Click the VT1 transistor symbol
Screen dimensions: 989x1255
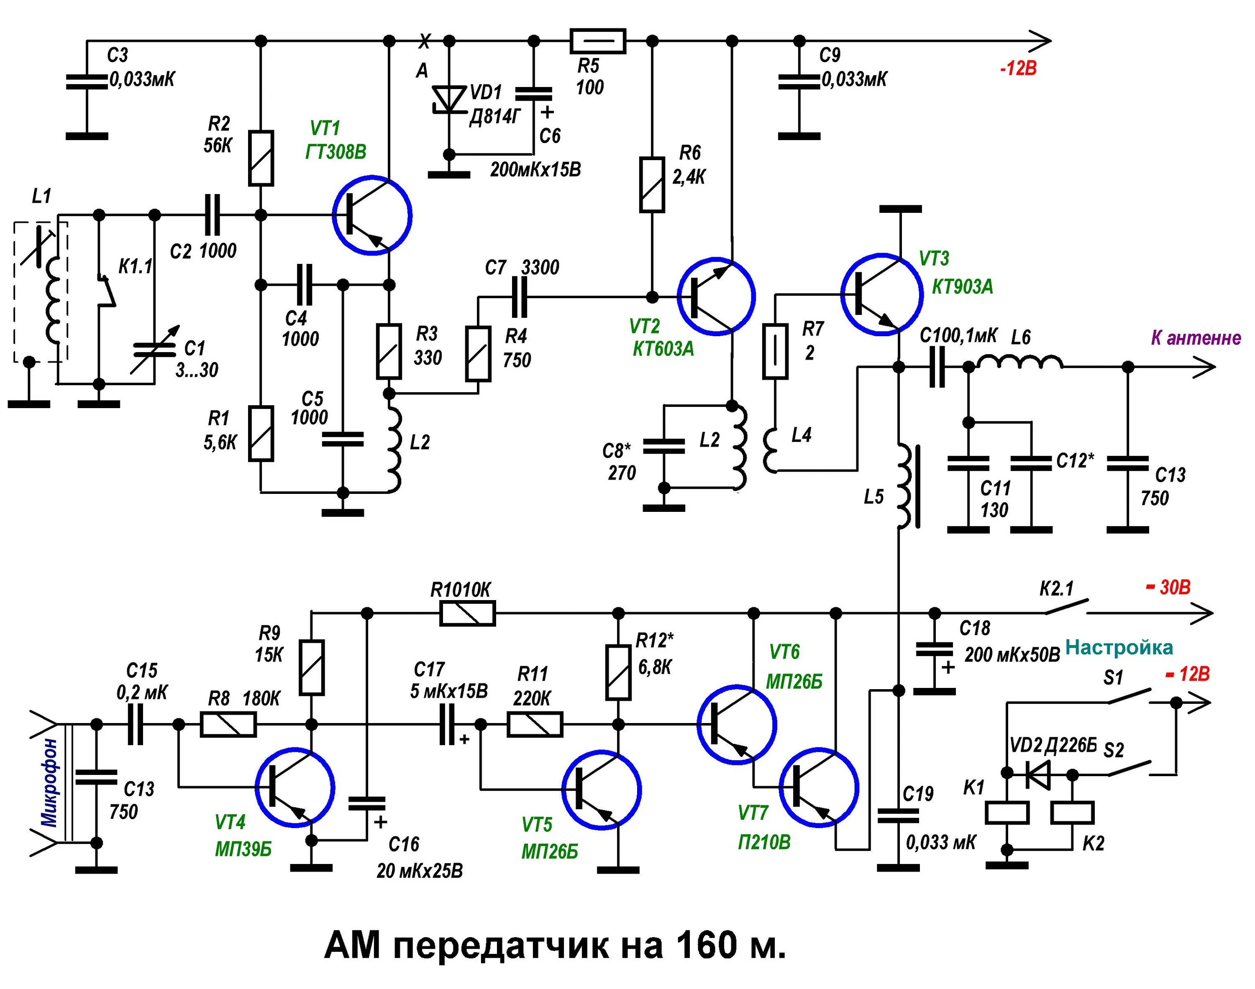coord(372,215)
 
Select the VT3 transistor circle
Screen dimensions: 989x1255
coord(881,294)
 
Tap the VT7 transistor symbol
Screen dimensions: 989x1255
coord(818,787)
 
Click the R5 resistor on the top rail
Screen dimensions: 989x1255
coord(598,41)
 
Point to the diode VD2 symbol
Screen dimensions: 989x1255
coord(1038,774)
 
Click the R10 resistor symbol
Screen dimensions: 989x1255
coord(467,613)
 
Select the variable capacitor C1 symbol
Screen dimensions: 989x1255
coord(154,349)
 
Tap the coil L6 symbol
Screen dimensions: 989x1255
coord(1019,363)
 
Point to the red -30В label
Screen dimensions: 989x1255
coord(1168,587)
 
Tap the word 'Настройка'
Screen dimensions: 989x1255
coord(1119,647)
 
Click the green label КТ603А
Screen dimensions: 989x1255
coord(663,349)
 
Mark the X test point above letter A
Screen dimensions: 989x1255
coord(425,41)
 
